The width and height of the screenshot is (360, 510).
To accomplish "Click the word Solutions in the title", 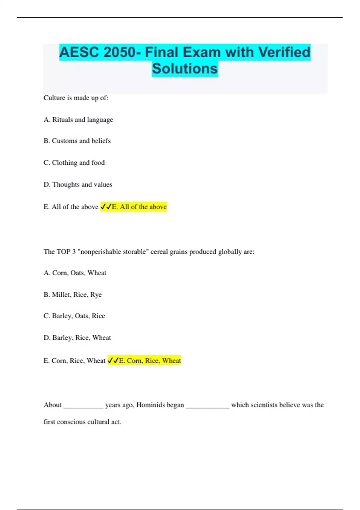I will [x=185, y=69].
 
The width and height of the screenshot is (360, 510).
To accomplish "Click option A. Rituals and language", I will [x=78, y=120].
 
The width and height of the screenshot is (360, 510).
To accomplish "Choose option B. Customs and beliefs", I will [x=77, y=141].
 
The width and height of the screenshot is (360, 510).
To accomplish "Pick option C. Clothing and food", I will [x=74, y=163].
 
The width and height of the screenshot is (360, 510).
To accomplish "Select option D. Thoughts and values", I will [x=78, y=184].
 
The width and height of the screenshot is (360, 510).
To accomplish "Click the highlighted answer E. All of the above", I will [x=134, y=207].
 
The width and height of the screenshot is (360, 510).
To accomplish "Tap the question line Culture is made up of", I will [x=76, y=98].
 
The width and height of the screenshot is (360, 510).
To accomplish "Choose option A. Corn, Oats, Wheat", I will [x=75, y=273].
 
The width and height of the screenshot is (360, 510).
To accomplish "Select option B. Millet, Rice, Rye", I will [x=73, y=295].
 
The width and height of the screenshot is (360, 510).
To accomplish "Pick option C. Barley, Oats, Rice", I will [x=74, y=316].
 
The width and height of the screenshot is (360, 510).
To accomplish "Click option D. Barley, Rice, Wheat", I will [x=77, y=338].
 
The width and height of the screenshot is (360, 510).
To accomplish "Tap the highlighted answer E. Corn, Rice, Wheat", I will [x=145, y=361].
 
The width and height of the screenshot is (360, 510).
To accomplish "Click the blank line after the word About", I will [x=83, y=407].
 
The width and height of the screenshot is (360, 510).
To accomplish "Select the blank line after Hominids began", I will [x=208, y=407].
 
